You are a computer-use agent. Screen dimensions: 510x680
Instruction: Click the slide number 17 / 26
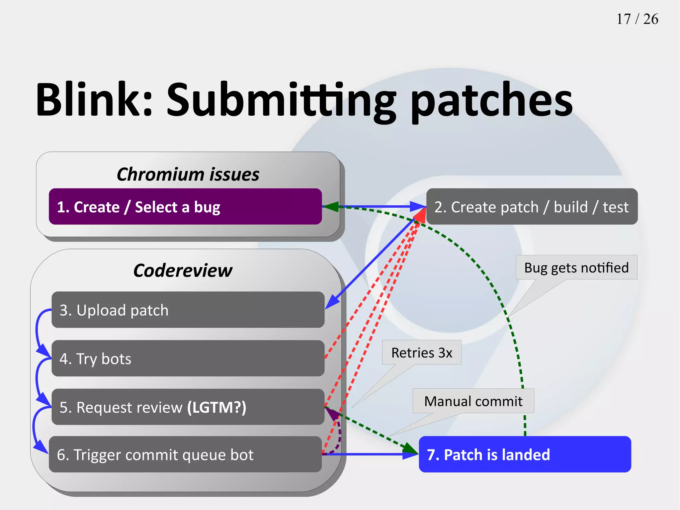coord(637,19)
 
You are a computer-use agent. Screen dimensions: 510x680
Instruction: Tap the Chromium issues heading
coord(188,174)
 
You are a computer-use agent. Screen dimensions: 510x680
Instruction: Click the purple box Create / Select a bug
coord(185,207)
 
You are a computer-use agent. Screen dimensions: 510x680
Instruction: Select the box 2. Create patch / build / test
coord(532,207)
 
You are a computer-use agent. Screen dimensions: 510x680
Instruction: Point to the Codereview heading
coord(183,270)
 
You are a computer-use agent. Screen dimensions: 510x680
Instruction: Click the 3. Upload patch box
coord(188,310)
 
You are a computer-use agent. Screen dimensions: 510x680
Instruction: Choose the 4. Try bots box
coord(188,358)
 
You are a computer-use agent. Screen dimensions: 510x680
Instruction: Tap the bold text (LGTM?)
coord(216,407)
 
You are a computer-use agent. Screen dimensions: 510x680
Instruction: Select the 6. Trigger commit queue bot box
coord(185,455)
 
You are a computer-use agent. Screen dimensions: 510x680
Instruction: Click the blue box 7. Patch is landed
coord(525,455)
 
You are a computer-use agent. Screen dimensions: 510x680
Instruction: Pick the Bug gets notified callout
coord(576,268)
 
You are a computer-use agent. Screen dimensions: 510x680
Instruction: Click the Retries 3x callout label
coord(421,353)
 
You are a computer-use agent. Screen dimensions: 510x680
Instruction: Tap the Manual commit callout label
coord(473,401)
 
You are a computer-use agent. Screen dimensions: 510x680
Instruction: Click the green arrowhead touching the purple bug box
coord(330,207)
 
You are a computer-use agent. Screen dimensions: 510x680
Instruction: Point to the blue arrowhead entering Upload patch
coord(332,302)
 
